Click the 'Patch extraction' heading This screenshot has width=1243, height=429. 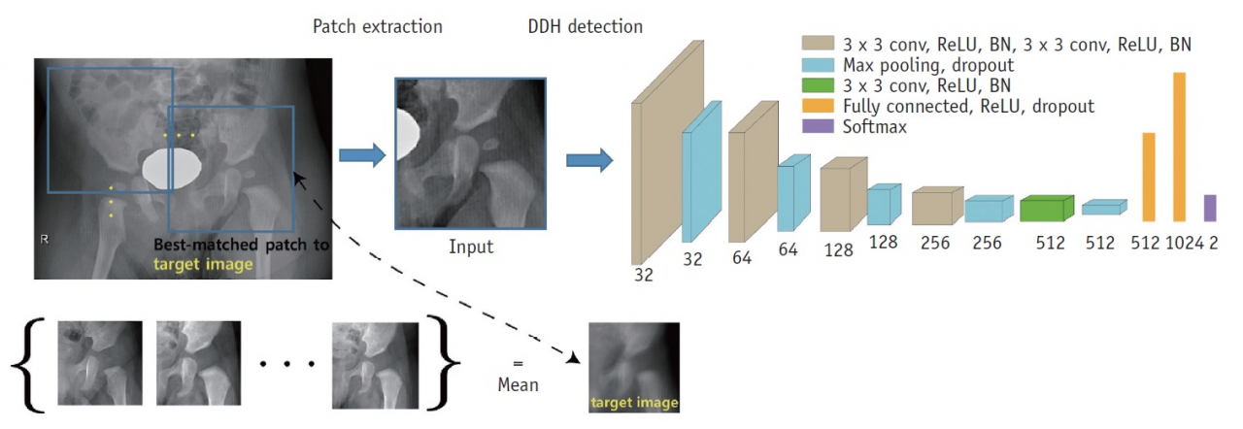(378, 26)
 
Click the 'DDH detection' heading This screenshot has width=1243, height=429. (585, 26)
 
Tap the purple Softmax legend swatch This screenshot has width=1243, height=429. (818, 126)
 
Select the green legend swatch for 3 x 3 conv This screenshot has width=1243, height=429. (818, 85)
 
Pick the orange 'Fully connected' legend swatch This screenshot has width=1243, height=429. (818, 106)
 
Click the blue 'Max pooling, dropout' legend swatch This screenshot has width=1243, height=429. (818, 65)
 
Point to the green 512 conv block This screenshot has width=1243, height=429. (1047, 209)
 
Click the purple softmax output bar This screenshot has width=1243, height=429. (1210, 208)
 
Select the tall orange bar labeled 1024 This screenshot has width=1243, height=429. (1179, 147)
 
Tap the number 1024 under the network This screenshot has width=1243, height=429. (1185, 243)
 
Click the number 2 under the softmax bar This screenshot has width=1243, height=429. (1214, 243)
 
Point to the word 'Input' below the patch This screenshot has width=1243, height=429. (471, 247)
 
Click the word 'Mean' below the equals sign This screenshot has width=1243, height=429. (518, 384)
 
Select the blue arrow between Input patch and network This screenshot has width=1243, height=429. (589, 161)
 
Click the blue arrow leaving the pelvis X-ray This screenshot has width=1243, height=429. (362, 155)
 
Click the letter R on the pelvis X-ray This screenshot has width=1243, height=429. (45, 239)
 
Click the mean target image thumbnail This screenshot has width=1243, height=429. (634, 368)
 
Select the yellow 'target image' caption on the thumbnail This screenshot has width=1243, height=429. (634, 403)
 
